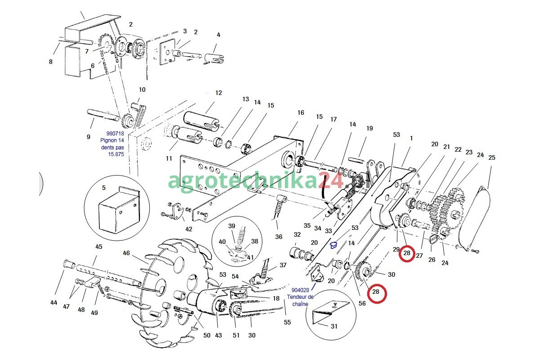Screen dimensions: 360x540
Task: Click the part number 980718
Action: (115, 133)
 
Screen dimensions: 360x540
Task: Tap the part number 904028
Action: (301, 290)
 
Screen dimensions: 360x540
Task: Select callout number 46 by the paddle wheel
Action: (126, 253)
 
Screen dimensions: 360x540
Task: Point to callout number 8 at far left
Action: (50, 62)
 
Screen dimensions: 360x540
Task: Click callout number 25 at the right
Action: (492, 157)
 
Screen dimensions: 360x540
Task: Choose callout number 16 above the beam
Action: (301, 112)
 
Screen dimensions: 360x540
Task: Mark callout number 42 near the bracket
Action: (189, 229)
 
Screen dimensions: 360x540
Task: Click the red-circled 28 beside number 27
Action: (407, 253)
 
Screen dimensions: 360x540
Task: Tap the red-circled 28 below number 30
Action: (376, 292)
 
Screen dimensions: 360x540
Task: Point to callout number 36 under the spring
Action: (279, 237)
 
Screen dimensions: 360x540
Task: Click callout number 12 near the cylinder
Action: (219, 93)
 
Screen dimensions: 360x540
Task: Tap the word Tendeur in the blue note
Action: (298, 297)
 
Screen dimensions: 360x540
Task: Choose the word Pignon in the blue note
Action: (109, 140)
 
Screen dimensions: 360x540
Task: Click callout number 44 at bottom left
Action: (54, 303)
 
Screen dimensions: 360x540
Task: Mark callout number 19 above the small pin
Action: (369, 128)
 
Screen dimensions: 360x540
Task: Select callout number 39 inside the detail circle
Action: (232, 225)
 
